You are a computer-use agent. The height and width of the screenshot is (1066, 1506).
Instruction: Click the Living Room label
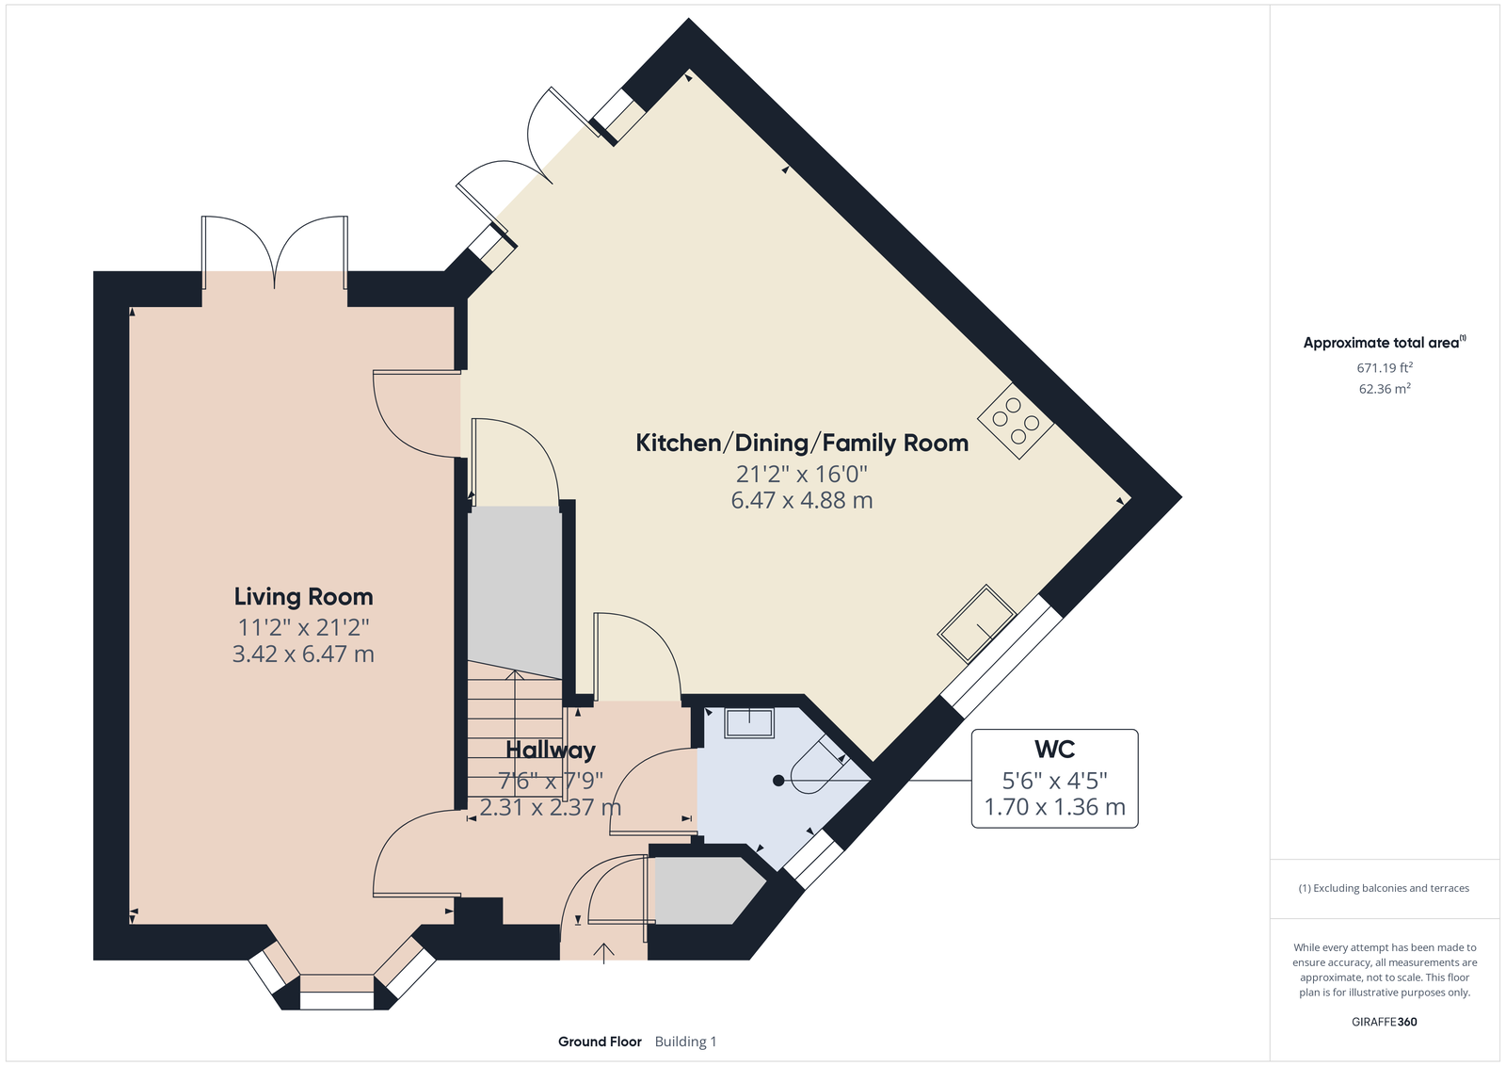(303, 596)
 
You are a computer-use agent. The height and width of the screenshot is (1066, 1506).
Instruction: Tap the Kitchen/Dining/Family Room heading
(802, 444)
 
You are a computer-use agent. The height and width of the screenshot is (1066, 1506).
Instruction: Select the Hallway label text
(551, 751)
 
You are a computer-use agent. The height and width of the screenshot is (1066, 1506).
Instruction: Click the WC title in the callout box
(1055, 749)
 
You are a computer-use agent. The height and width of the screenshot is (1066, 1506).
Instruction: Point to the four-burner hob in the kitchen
(1016, 421)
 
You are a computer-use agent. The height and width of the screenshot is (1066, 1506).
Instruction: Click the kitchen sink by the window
(977, 623)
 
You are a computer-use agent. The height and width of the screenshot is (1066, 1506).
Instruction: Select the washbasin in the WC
(749, 723)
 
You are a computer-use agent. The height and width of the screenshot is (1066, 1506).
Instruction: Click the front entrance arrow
(603, 953)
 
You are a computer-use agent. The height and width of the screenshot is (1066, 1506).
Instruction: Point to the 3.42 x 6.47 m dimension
(303, 654)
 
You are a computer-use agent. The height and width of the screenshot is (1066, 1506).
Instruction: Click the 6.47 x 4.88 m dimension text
(802, 500)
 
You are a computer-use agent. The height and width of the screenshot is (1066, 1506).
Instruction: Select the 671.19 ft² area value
(1385, 368)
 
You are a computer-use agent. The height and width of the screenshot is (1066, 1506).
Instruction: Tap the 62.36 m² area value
(1385, 389)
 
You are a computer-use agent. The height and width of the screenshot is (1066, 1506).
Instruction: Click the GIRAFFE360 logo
(1385, 1022)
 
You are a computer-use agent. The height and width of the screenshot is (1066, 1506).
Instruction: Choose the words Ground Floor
(600, 1042)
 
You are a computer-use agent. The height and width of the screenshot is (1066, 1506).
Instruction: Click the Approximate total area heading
(1385, 343)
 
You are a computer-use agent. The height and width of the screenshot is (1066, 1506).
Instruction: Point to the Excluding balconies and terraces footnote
(1384, 888)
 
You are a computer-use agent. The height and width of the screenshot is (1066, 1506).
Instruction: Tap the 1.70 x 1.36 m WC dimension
(1055, 806)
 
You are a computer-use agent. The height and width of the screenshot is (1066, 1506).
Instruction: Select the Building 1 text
(686, 1042)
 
